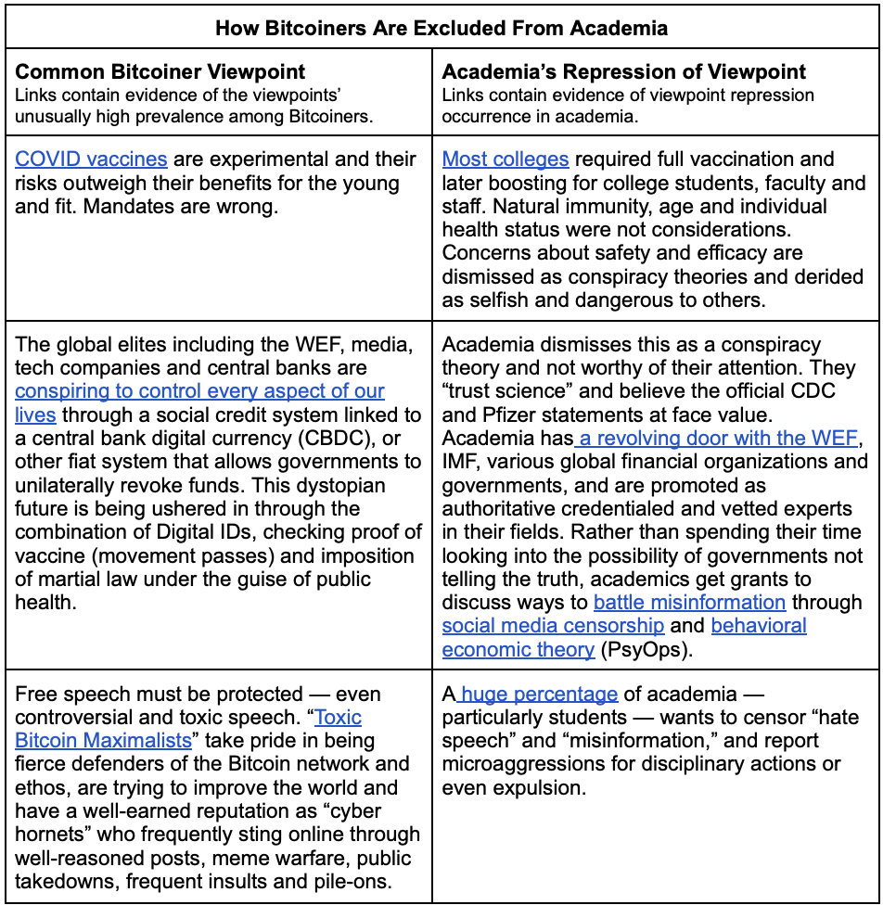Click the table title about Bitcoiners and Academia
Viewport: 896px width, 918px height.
coord(442,28)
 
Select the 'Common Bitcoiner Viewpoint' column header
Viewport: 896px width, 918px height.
coord(160,71)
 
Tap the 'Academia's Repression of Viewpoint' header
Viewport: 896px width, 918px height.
coord(624,71)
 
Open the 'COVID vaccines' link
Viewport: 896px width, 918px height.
coord(91,159)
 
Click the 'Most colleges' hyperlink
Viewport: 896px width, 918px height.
coord(506,159)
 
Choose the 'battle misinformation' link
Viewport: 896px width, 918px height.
coord(689,602)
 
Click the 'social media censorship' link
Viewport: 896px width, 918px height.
coord(553,626)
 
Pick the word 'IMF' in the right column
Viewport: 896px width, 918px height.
coord(462,461)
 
